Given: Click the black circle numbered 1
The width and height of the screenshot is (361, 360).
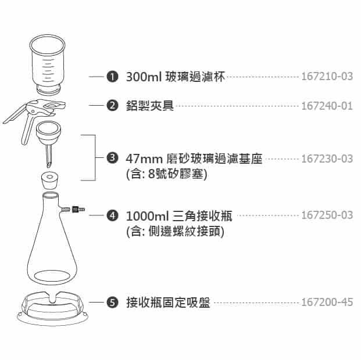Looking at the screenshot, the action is click(112, 77).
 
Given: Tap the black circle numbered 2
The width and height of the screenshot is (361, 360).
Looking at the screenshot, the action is click(112, 106).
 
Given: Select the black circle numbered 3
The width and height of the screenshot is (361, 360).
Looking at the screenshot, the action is click(112, 158).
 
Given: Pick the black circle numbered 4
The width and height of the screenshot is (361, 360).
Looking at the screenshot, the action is click(112, 215).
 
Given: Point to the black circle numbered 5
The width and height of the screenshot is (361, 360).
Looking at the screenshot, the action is click(112, 303).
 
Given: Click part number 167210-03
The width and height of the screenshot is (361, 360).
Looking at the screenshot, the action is click(327, 77).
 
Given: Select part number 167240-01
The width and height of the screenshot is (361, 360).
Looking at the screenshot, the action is click(327, 106).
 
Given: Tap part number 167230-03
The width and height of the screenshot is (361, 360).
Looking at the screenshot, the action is click(327, 159).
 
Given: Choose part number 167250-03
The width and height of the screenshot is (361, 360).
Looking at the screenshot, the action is click(327, 215).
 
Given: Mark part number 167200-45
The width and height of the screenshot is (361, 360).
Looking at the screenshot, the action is click(327, 302).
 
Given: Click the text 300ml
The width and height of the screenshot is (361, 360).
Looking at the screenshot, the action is click(144, 77).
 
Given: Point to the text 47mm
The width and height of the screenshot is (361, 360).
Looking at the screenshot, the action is click(144, 159).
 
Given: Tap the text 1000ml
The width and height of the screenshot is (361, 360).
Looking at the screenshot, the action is click(148, 216).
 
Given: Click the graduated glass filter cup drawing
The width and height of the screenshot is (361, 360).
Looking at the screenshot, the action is click(48, 64).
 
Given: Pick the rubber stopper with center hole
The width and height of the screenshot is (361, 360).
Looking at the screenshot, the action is click(49, 181).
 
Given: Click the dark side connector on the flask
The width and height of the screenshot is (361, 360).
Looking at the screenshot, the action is click(76, 210).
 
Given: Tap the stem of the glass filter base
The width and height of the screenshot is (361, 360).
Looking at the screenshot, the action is click(49, 156).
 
